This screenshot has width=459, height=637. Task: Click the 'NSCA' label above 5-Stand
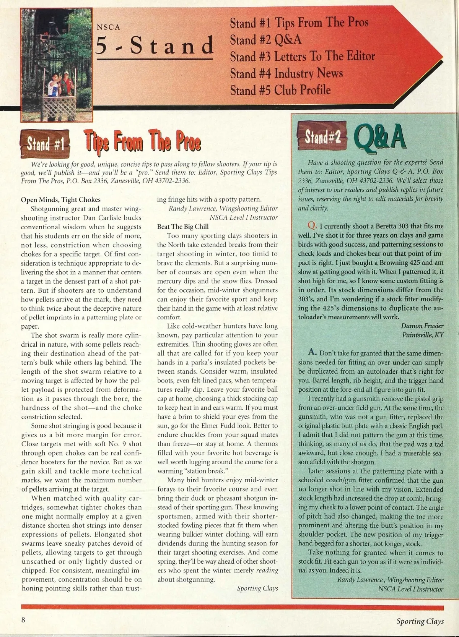(x=108, y=28)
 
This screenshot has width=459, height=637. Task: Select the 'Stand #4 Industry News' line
(x=286, y=73)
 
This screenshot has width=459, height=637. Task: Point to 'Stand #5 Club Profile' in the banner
(x=280, y=90)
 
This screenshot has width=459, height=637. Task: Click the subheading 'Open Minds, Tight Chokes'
(x=60, y=199)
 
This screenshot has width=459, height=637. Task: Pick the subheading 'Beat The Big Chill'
(x=183, y=227)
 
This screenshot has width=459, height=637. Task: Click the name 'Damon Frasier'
(x=422, y=326)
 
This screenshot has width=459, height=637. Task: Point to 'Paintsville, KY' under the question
(x=423, y=335)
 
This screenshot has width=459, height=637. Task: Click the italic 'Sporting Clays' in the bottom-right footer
(x=420, y=621)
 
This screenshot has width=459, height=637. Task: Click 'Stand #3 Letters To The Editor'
(x=302, y=57)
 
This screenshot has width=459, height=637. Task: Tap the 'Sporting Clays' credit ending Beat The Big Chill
(x=257, y=588)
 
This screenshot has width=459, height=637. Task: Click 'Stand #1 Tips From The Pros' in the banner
(x=299, y=23)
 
